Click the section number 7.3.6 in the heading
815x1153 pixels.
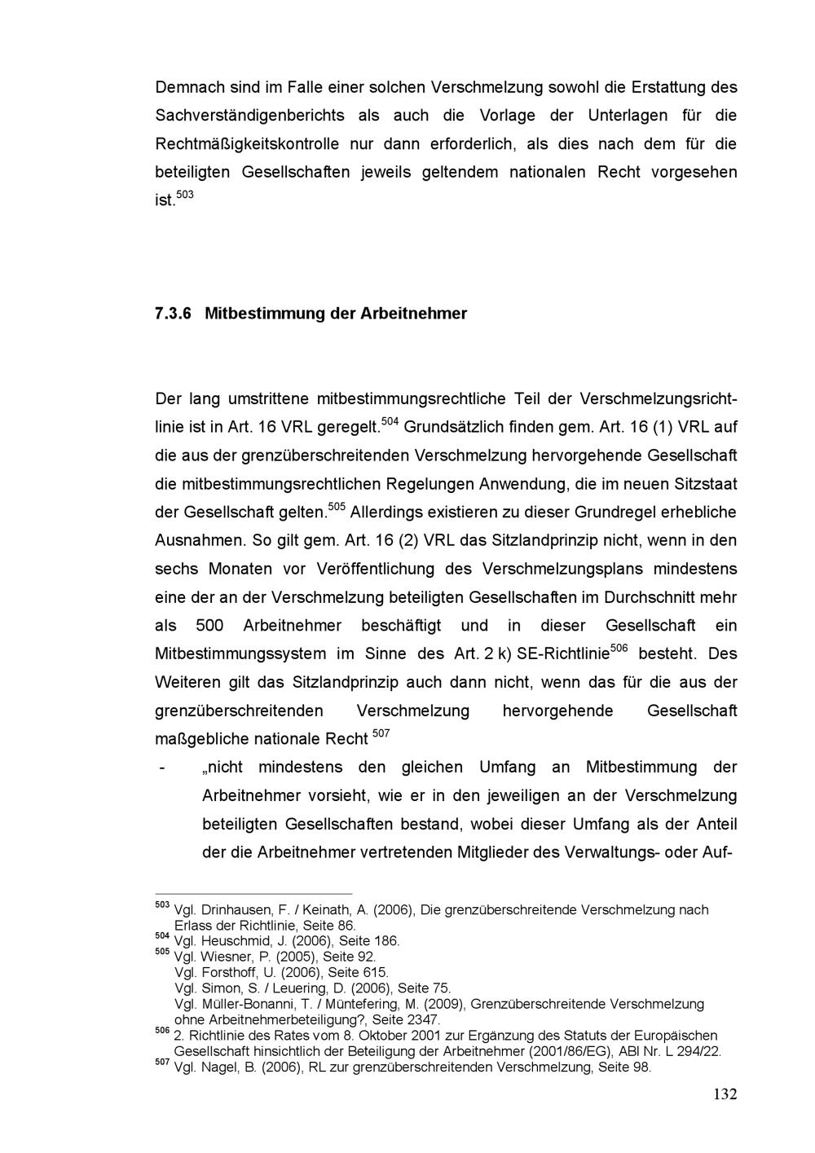pos(173,314)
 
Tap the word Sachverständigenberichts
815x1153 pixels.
pos(249,116)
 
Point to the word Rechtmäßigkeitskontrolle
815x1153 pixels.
pos(247,144)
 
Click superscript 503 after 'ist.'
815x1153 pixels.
pos(184,195)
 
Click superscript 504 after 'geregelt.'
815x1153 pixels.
pos(390,421)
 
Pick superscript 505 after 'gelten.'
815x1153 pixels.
pos(337,507)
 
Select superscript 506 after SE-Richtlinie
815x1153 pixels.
pos(619,649)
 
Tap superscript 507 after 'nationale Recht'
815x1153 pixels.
pos(381,733)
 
